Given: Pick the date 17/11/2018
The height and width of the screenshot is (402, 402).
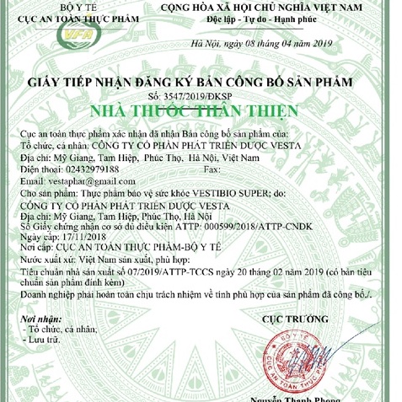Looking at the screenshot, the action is pyautogui.click(x=72, y=239).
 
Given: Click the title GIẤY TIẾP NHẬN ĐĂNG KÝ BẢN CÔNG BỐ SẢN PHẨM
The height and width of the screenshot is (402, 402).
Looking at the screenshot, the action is pyautogui.click(x=201, y=83).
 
